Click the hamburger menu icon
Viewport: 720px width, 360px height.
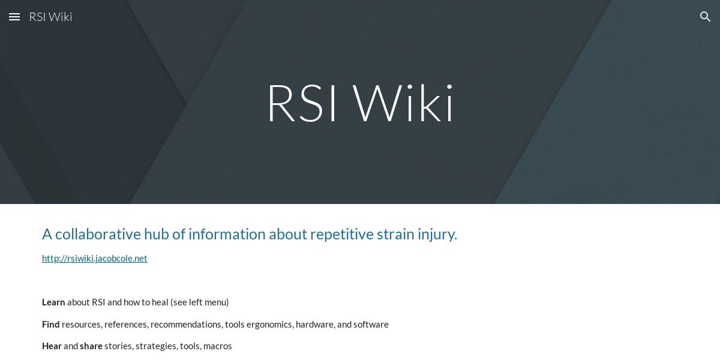point(14,17)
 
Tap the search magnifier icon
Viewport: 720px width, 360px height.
point(705,17)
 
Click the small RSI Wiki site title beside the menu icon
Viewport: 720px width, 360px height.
point(50,17)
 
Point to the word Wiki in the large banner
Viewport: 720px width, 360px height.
point(404,104)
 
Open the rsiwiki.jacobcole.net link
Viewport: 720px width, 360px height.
point(94,259)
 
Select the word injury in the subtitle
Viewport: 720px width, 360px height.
point(436,234)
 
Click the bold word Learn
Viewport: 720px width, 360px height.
point(53,302)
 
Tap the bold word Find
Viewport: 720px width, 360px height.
point(50,325)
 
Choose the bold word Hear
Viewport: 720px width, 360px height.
point(52,346)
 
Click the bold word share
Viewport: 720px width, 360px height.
point(91,346)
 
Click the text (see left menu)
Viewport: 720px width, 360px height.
point(199,302)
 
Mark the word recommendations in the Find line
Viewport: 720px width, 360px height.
point(186,325)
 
